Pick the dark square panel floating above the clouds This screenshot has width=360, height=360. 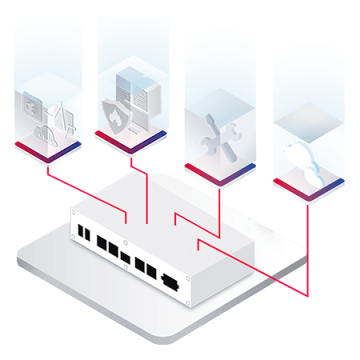pos(305,122)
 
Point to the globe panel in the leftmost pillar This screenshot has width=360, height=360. pos(27,104)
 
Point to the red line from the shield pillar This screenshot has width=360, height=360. pos(147,190)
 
